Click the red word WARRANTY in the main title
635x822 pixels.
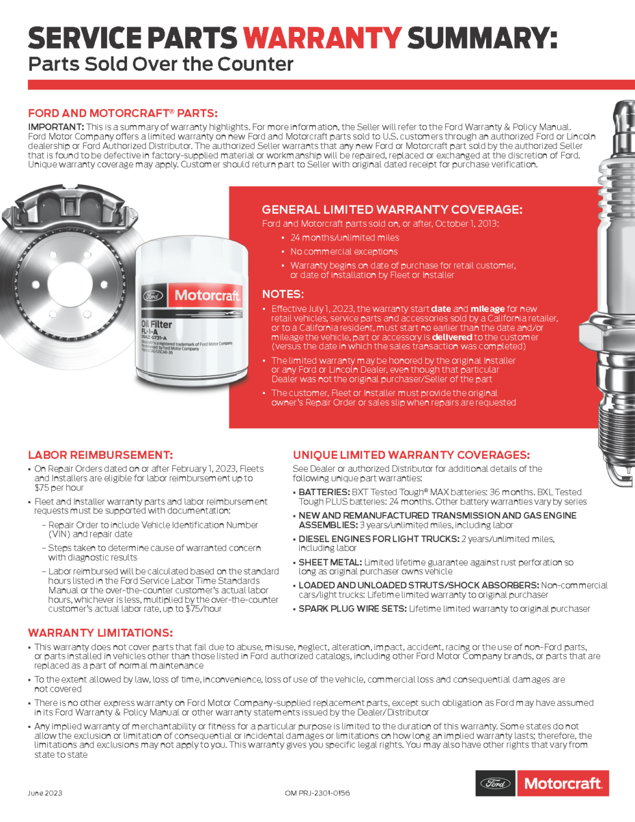coord(322,38)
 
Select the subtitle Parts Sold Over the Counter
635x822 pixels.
coord(160,64)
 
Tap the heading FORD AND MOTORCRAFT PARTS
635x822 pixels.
coord(122,113)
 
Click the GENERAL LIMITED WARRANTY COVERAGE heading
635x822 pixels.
coord(391,209)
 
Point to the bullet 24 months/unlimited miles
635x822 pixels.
coord(344,238)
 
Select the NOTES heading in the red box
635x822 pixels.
coord(283,294)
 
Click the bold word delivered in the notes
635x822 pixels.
coord(452,337)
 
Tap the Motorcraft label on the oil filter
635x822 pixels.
coord(207,296)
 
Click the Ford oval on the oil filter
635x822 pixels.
coord(153,296)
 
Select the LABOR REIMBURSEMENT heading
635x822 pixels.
coord(100,455)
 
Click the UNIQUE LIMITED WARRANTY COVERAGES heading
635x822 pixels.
coord(411,455)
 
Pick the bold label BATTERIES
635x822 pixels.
coord(324,492)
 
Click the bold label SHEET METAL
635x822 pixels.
coord(330,562)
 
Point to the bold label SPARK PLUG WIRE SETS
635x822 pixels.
coord(352,609)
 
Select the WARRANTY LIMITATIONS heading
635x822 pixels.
coord(100,633)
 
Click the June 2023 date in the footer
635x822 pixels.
coord(45,793)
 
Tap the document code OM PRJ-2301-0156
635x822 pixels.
coord(317,793)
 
